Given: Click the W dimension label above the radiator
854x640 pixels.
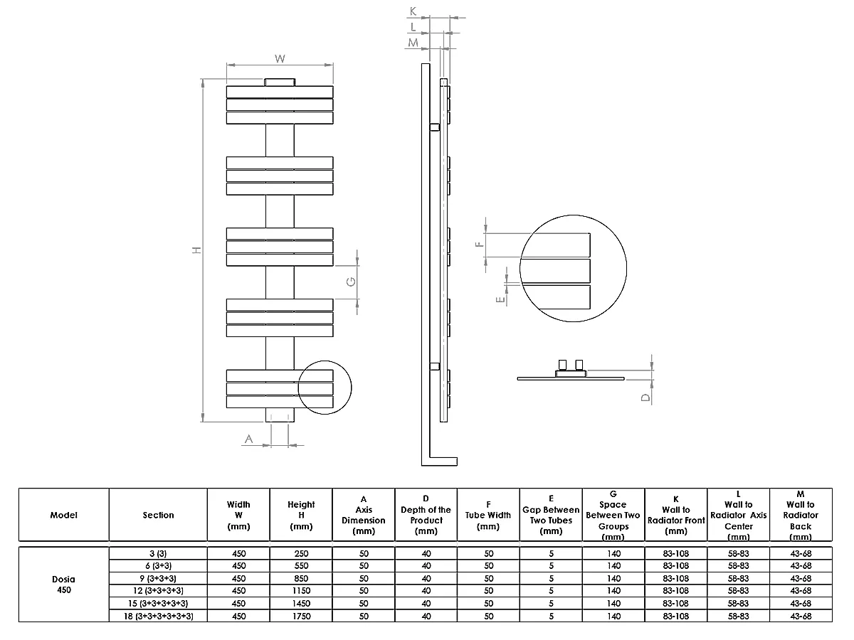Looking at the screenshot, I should pos(280,58).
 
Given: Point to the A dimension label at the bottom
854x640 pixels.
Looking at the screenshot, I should pos(248,439).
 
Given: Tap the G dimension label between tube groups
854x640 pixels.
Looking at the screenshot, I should pos(350,282).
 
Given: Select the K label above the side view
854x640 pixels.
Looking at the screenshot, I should pos(413,11).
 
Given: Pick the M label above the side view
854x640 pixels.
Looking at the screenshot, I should pos(413,43).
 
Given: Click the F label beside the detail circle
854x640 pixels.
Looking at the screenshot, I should pos(480,244).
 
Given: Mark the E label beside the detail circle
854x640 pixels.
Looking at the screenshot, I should pos(501,299).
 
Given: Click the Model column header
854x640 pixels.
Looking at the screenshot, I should pos(64,515).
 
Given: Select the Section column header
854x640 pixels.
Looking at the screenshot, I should pos(158,515).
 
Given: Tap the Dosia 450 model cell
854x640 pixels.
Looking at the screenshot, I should pos(64,584).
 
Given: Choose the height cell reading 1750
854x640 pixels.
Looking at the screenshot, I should pos(301,616).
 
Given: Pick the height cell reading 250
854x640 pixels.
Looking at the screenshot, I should pos(301,553).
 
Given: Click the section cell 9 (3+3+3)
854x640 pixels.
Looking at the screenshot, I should pos(158,578).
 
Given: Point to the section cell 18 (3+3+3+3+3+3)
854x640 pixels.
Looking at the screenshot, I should pos(158,616).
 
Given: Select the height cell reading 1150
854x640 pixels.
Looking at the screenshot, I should pos(301,590).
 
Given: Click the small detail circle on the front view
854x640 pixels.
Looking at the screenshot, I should pos(325,387).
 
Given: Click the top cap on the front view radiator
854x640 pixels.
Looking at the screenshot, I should pos(280,82).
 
